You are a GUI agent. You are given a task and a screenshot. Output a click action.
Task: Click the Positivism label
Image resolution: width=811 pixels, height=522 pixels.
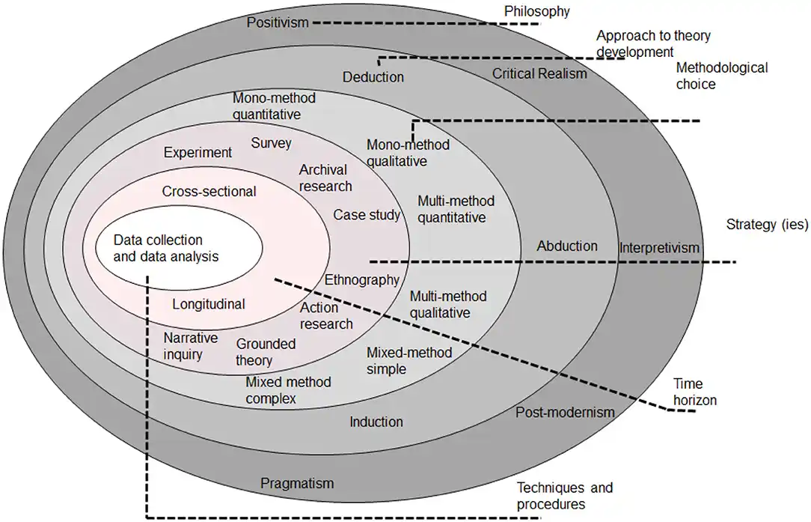(x=278, y=22)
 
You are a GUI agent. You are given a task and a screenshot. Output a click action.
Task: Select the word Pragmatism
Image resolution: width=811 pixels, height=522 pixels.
(x=297, y=483)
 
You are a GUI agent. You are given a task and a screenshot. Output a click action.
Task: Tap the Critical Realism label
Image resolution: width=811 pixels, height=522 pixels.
(x=539, y=73)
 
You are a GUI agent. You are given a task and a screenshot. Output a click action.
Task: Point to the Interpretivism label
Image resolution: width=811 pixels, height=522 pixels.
(x=659, y=248)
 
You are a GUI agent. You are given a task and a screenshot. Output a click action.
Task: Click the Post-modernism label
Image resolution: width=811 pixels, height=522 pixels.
(x=566, y=412)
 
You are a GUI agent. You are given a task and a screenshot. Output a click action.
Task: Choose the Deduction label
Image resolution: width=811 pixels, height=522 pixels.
(x=373, y=77)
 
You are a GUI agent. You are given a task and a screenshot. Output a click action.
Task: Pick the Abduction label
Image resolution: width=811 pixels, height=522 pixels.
(x=567, y=246)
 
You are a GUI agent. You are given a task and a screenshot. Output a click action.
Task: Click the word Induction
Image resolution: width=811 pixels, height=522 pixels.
(x=376, y=422)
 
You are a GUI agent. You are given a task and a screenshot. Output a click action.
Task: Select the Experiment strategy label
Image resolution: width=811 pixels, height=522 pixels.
(x=198, y=153)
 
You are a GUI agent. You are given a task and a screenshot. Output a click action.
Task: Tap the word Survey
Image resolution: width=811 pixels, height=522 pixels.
(x=271, y=143)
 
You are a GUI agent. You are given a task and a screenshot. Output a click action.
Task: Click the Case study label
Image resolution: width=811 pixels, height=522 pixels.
(x=366, y=215)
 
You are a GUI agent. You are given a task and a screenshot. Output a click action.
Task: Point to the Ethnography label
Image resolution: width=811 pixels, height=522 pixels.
(x=361, y=280)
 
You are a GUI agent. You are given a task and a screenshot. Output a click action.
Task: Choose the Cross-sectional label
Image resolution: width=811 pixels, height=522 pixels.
(x=209, y=191)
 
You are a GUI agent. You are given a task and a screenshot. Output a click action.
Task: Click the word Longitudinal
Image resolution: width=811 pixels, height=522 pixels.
(x=209, y=304)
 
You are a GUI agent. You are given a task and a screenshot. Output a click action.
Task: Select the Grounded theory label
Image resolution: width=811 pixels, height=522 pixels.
(x=266, y=352)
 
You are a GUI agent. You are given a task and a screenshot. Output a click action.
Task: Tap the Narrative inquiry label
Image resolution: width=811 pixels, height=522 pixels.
(x=190, y=346)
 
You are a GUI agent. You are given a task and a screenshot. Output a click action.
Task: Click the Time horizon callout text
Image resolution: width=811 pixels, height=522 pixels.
(x=694, y=392)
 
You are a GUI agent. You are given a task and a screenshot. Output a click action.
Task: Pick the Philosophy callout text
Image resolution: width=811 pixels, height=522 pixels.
(x=537, y=11)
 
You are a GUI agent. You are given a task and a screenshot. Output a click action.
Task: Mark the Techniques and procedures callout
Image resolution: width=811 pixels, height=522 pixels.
(x=565, y=496)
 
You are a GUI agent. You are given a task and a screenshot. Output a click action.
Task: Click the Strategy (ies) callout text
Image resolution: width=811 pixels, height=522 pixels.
(x=767, y=224)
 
